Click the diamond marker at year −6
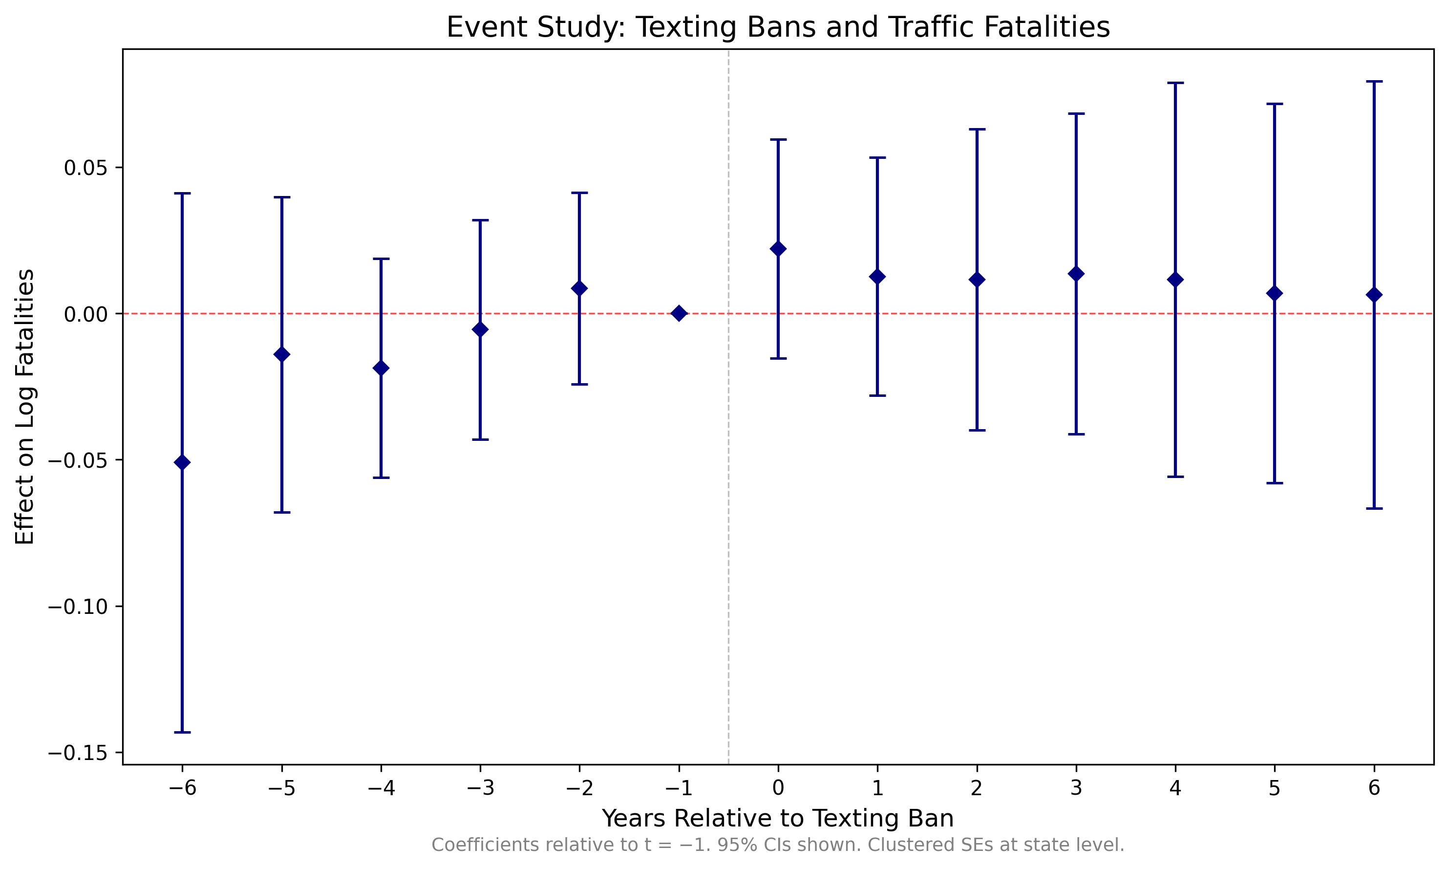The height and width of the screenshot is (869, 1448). coord(182,463)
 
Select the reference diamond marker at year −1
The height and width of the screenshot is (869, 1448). coord(679,313)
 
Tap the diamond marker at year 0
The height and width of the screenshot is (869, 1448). coord(778,249)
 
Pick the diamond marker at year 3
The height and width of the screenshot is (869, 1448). coord(1076,274)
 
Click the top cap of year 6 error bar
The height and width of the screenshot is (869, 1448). coord(1374,82)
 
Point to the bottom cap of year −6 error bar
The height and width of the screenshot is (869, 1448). coord(182,732)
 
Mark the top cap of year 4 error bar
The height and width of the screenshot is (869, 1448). coord(1175,83)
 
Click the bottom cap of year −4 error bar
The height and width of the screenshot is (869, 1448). coord(381,478)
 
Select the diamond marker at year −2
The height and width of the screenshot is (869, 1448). coord(579,288)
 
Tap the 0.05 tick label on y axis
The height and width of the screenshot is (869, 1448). coord(85,168)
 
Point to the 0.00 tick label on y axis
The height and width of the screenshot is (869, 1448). coord(85,314)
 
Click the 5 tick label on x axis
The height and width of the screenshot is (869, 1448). coord(1275,789)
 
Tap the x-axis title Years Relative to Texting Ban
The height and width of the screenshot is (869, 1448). coord(778,819)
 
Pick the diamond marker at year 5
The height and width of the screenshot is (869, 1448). coord(1275,293)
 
